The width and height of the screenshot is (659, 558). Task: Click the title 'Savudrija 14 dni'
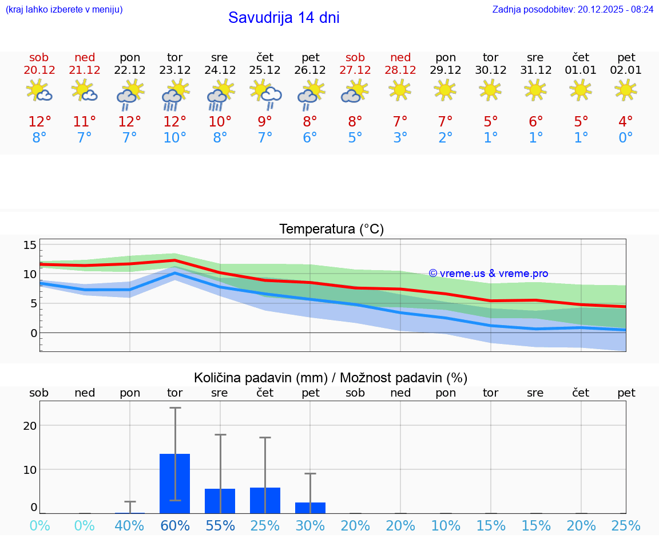[284, 18]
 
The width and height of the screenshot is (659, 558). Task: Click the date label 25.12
[265, 70]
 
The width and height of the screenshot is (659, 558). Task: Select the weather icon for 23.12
[174, 94]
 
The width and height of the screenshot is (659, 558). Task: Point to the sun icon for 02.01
[626, 90]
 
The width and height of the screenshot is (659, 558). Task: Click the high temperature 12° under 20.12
[39, 121]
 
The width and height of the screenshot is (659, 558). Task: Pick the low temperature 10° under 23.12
[174, 137]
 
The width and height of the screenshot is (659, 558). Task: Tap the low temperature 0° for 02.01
[626, 137]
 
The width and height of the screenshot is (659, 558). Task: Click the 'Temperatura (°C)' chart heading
[331, 229]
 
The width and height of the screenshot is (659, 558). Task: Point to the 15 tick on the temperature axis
[30, 245]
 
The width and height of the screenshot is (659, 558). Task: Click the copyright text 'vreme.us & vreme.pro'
[489, 274]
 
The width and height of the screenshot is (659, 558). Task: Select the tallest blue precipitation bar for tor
[174, 484]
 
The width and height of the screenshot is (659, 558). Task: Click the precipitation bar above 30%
[310, 508]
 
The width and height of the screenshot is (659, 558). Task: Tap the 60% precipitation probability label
[174, 525]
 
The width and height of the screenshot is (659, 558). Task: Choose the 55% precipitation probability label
[220, 525]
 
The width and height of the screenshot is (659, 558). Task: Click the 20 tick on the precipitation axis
[30, 425]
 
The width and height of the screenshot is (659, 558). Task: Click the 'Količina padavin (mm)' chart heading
[331, 378]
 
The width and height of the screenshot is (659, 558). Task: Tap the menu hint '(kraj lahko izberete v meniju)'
[64, 9]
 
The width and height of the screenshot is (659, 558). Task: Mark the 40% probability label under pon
[129, 525]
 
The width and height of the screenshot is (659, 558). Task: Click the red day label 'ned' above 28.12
[400, 57]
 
